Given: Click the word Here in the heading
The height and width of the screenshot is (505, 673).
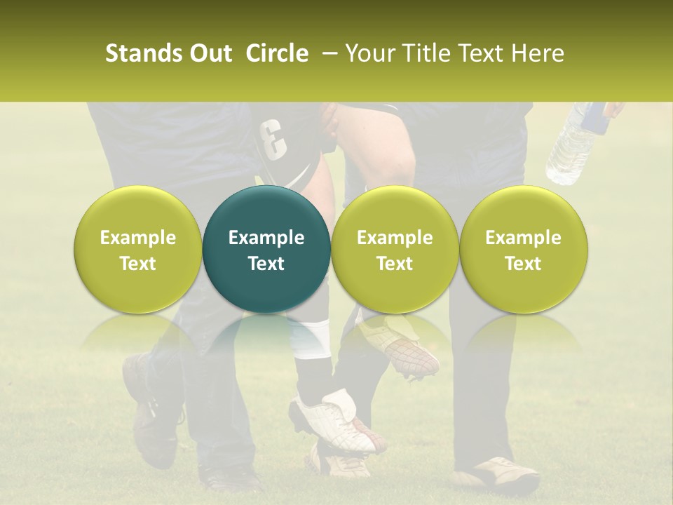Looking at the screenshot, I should click(538, 53).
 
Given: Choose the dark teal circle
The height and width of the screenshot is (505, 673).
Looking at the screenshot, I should click(266, 250).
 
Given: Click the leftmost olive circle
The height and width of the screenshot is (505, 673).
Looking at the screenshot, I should click(137, 250).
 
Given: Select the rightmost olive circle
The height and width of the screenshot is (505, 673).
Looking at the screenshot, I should click(523, 250).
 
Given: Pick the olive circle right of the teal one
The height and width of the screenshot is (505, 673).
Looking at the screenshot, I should click(395, 250).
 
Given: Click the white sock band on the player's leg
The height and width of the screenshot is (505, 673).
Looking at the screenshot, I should click(311, 337).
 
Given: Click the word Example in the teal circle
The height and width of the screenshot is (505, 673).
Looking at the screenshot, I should click(266, 238).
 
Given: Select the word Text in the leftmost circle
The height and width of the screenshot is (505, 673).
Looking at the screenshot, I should click(137, 264).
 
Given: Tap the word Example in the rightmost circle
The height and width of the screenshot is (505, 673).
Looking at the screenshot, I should click(523, 238).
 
